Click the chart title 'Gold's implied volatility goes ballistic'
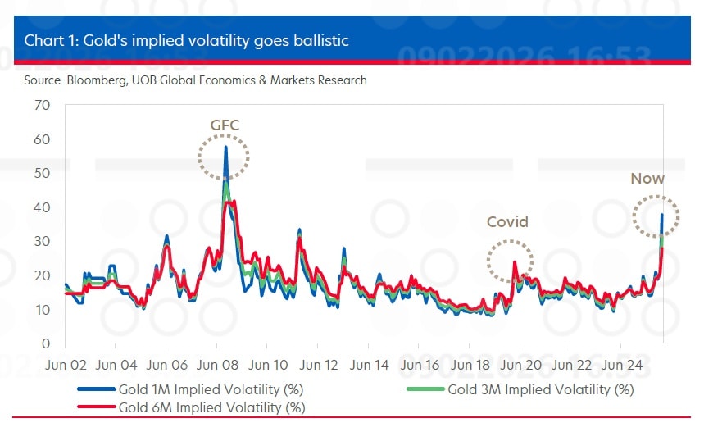click(187, 40)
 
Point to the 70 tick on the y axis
click(43, 105)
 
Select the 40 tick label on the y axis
click(43, 207)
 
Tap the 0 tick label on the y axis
click(46, 343)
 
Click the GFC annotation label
click(224, 125)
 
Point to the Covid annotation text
click(508, 222)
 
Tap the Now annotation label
click(647, 179)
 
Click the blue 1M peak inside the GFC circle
click(225, 147)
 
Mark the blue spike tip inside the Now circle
click(662, 214)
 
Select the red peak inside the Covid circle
click(514, 262)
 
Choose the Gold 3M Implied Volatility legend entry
click(539, 389)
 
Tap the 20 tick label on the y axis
click(43, 275)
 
